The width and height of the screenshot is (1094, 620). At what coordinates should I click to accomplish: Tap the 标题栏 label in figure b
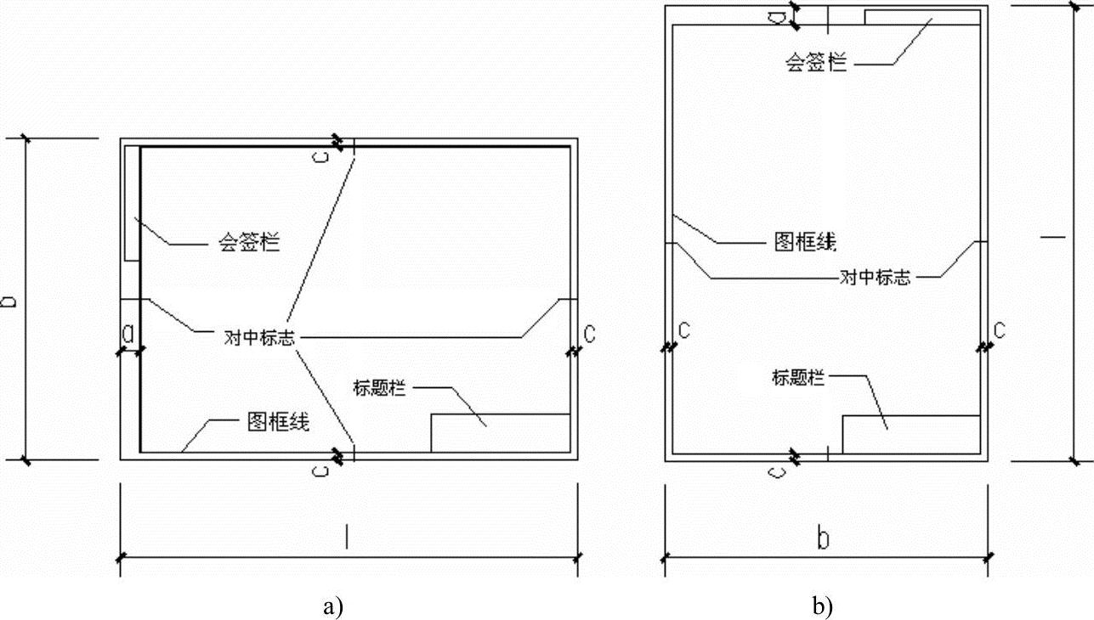tap(798, 377)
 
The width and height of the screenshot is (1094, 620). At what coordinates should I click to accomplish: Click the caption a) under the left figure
tap(333, 606)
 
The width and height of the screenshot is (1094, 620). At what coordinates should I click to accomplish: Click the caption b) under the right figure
tap(822, 606)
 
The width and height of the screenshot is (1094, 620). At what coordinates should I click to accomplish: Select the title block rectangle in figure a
tap(500, 432)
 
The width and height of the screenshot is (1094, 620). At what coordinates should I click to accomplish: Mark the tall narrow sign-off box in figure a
tap(132, 203)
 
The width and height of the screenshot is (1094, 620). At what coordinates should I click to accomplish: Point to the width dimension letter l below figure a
tap(347, 537)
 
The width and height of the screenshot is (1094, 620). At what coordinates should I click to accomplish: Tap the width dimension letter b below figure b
tap(823, 538)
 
